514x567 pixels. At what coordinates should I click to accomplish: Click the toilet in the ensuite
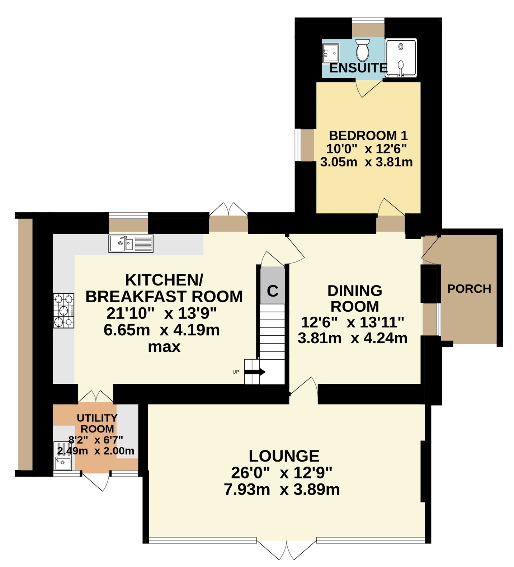coord(363,50)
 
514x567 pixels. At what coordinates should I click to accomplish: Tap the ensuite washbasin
coord(330,53)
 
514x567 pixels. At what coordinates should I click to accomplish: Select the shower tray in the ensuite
coord(401,58)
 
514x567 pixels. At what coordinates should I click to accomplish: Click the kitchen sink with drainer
coord(131,244)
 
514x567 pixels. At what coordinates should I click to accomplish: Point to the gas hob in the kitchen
coord(64,311)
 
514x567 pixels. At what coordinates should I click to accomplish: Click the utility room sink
coord(62,455)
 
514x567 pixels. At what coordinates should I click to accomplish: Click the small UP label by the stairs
coord(236,372)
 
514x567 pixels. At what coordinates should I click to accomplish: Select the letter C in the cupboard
coord(273,291)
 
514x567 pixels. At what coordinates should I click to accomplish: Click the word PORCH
coord(469,289)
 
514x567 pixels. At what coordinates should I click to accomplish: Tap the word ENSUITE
coord(358,68)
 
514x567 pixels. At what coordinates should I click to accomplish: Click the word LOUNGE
coord(284,456)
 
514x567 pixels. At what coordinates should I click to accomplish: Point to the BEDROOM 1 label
coord(368,136)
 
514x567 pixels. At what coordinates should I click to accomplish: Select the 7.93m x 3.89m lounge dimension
coord(282,490)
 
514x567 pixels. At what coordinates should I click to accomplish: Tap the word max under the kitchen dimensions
coord(164,347)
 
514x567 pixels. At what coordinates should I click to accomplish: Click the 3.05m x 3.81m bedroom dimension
coord(367,162)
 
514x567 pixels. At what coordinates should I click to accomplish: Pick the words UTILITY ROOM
coord(97,423)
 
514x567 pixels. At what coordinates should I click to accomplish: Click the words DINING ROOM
coord(355,298)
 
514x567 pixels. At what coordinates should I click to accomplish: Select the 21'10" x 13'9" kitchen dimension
coord(162,314)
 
